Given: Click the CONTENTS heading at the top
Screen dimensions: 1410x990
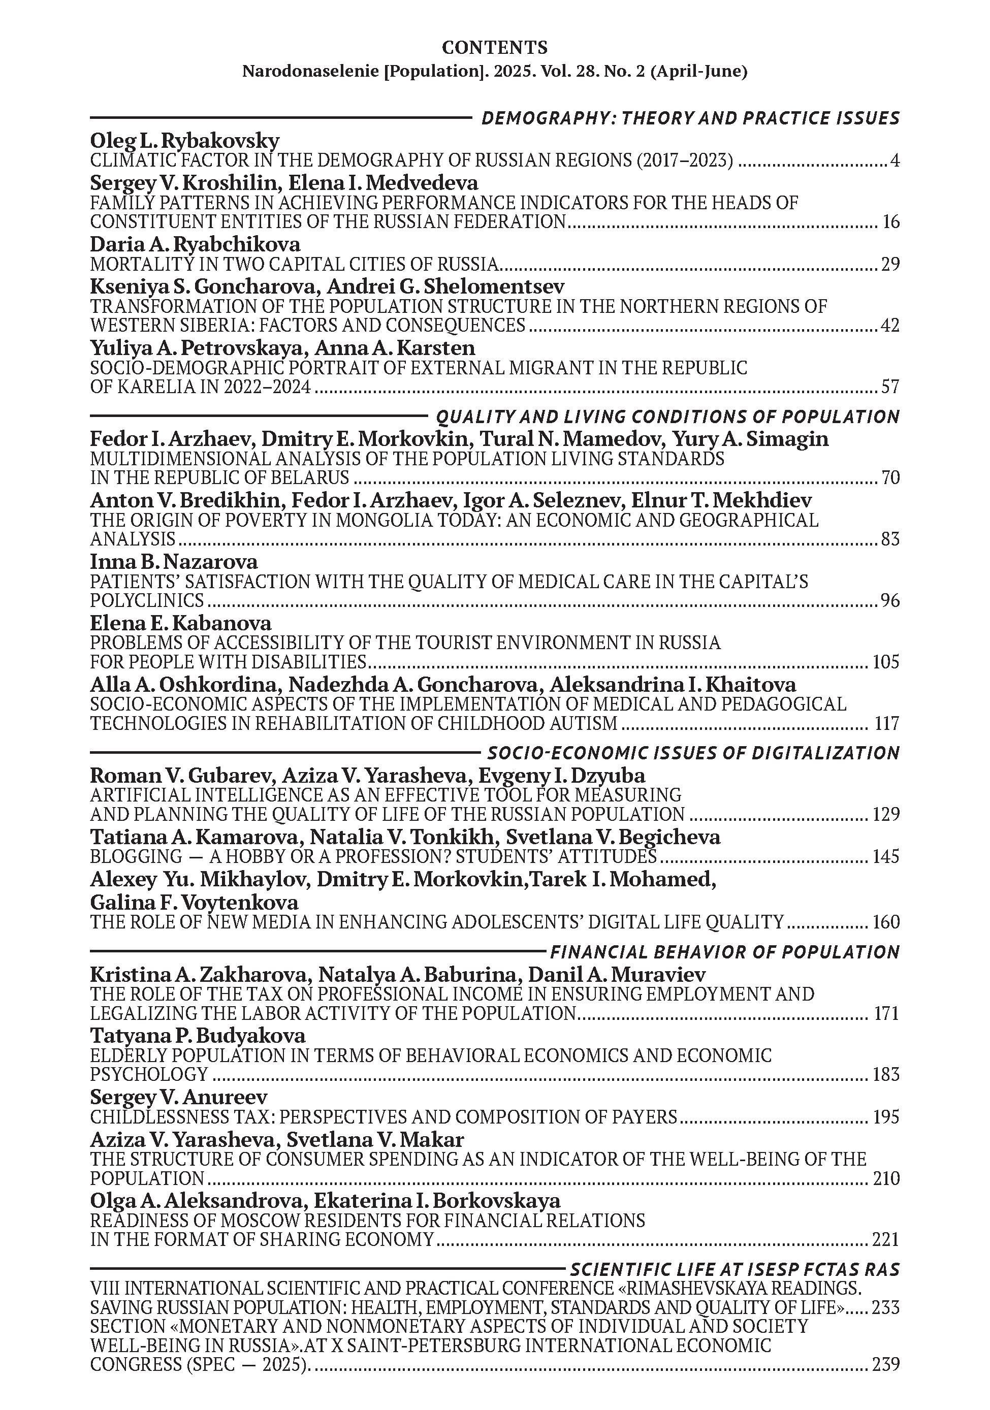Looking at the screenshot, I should coord(494,47).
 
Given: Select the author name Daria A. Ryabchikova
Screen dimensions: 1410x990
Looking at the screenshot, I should coord(195,244).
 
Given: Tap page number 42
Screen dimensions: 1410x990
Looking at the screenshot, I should coord(889,325).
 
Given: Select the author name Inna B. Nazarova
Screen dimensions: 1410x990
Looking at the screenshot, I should coord(174,562).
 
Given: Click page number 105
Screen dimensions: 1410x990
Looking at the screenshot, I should coord(885,662).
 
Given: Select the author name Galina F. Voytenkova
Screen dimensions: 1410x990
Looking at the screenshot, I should coord(194,903).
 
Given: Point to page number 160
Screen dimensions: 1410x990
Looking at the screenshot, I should coord(885,922).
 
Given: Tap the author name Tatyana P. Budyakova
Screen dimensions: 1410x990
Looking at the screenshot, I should coord(197,1036).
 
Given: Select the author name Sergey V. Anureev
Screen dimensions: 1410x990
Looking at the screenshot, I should coord(179,1097).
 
